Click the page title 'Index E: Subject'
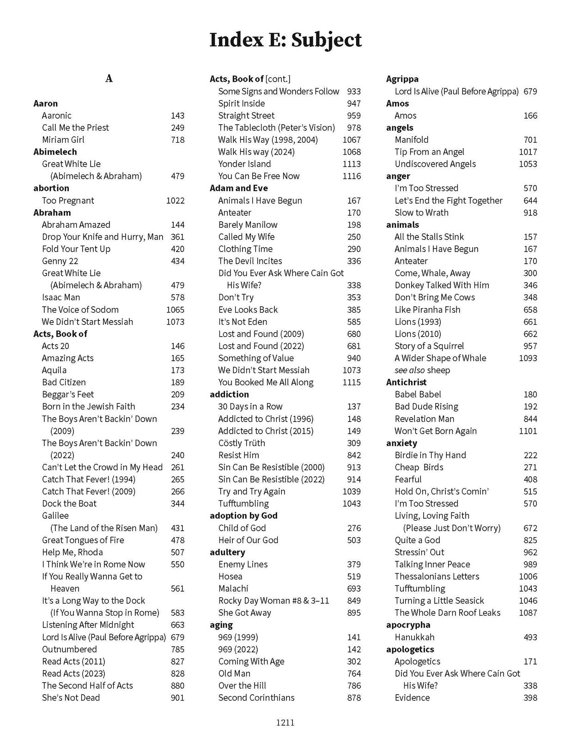point(285,40)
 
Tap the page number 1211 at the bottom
point(285,723)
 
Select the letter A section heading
point(109,79)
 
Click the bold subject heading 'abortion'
point(51,188)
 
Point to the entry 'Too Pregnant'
point(68,200)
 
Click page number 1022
point(175,200)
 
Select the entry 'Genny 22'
point(60,261)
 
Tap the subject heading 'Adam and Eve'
point(238,188)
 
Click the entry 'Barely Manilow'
point(248,224)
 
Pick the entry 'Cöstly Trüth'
point(242,443)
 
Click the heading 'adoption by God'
point(243,515)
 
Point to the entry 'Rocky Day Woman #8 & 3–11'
point(273,600)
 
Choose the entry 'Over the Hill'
point(242,685)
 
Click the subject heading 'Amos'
point(397,103)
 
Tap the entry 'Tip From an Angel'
point(429,152)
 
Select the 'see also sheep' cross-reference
point(422,370)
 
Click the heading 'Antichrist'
point(406,382)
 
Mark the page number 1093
point(528,358)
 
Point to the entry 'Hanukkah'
point(414,637)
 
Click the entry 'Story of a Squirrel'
point(429,346)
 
